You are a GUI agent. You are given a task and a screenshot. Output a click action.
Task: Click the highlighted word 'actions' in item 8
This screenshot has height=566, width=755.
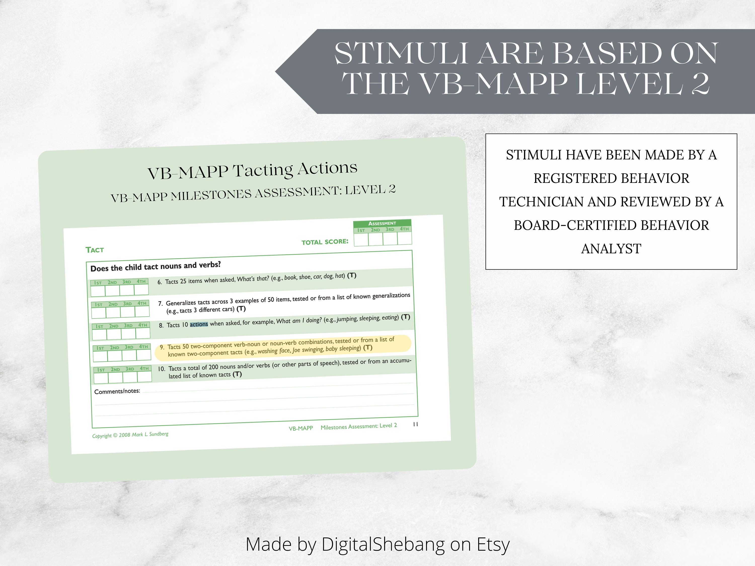[x=199, y=324]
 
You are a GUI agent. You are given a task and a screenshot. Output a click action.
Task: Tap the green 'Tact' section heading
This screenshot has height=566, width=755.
[x=95, y=250]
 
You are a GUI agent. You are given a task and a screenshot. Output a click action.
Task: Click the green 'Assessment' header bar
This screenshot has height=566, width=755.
[x=382, y=223]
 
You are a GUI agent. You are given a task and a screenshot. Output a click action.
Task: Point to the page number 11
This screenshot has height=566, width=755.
[x=416, y=424]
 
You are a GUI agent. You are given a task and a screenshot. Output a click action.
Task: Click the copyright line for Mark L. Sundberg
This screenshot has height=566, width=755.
[x=130, y=435]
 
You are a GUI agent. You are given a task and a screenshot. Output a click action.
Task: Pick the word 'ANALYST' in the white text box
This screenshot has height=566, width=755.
[x=611, y=249]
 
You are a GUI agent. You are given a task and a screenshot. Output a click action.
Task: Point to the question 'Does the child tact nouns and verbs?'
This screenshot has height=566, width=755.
[x=155, y=266]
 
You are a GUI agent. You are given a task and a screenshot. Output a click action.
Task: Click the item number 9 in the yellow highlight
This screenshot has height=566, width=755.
[x=162, y=347]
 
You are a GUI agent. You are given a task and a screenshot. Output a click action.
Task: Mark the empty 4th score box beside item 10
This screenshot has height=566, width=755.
[x=144, y=377]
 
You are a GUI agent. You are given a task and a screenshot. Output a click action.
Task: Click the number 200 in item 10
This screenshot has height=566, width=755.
[x=213, y=367]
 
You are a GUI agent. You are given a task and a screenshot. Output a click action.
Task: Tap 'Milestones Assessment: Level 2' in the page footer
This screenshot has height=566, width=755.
[x=359, y=426]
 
